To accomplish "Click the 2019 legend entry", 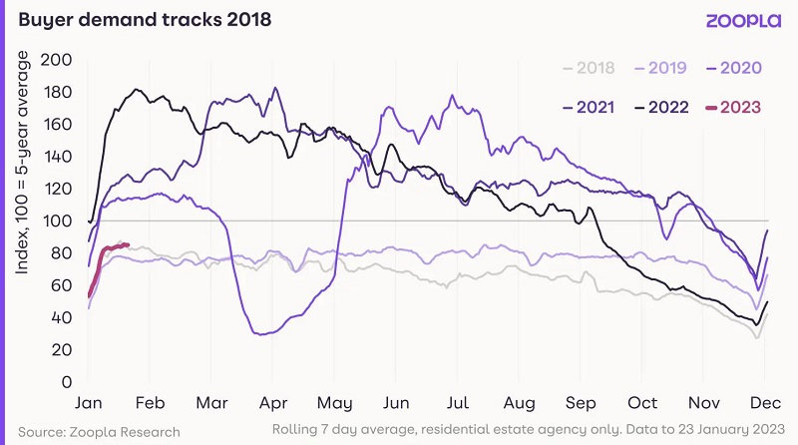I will [661, 68].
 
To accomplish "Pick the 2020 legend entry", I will [736, 68].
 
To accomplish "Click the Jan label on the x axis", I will [89, 403].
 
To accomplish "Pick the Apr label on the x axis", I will [272, 403].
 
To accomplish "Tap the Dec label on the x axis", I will [764, 403].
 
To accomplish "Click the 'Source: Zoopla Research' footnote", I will [98, 431].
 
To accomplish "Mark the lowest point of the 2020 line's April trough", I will [261, 334].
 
